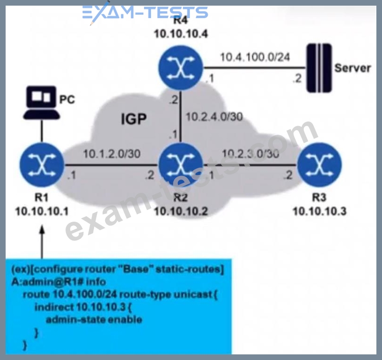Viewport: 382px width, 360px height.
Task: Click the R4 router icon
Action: click(x=180, y=69)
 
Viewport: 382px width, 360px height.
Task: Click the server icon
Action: click(x=319, y=68)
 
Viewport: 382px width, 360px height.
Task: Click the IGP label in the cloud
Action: click(x=134, y=120)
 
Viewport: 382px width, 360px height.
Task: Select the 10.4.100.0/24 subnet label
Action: click(x=254, y=56)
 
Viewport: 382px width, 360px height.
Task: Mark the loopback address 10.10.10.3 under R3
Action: click(x=319, y=211)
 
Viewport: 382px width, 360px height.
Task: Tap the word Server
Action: click(x=353, y=68)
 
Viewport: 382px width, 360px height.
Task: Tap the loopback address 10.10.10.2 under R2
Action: click(x=180, y=211)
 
